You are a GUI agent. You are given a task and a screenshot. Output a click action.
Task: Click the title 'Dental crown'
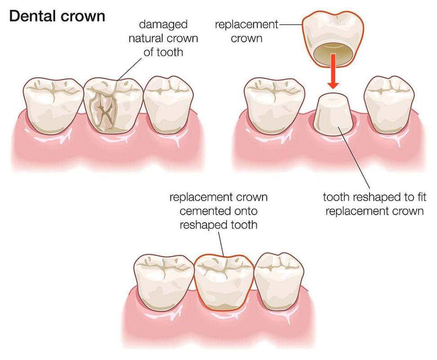tap(57, 16)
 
